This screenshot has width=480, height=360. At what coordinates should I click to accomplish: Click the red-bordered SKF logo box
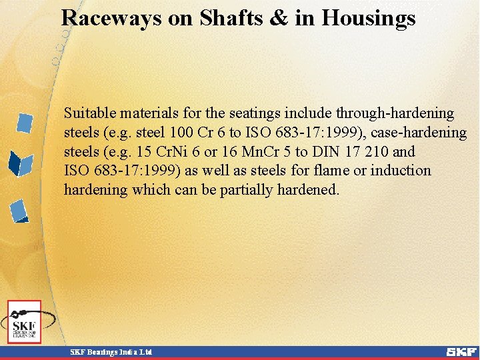pyautogui.click(x=24, y=322)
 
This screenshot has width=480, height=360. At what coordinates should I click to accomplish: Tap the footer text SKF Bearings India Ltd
pyautogui.click(x=111, y=352)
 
